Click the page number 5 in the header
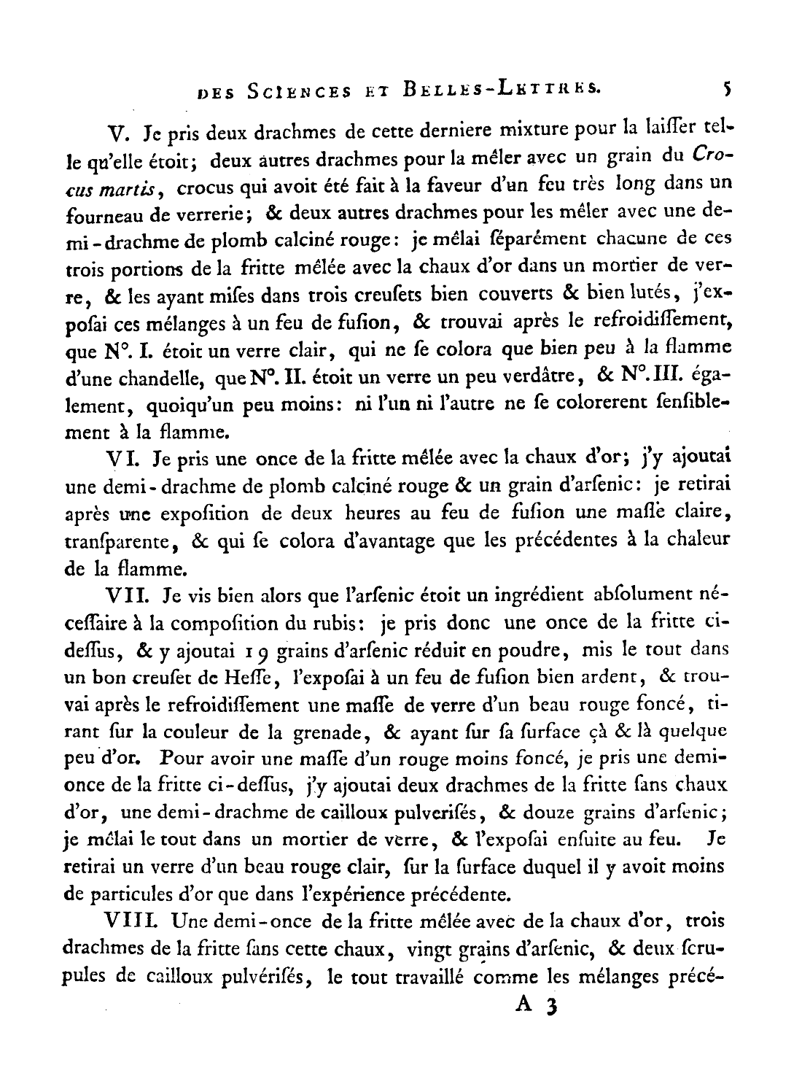[726, 89]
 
